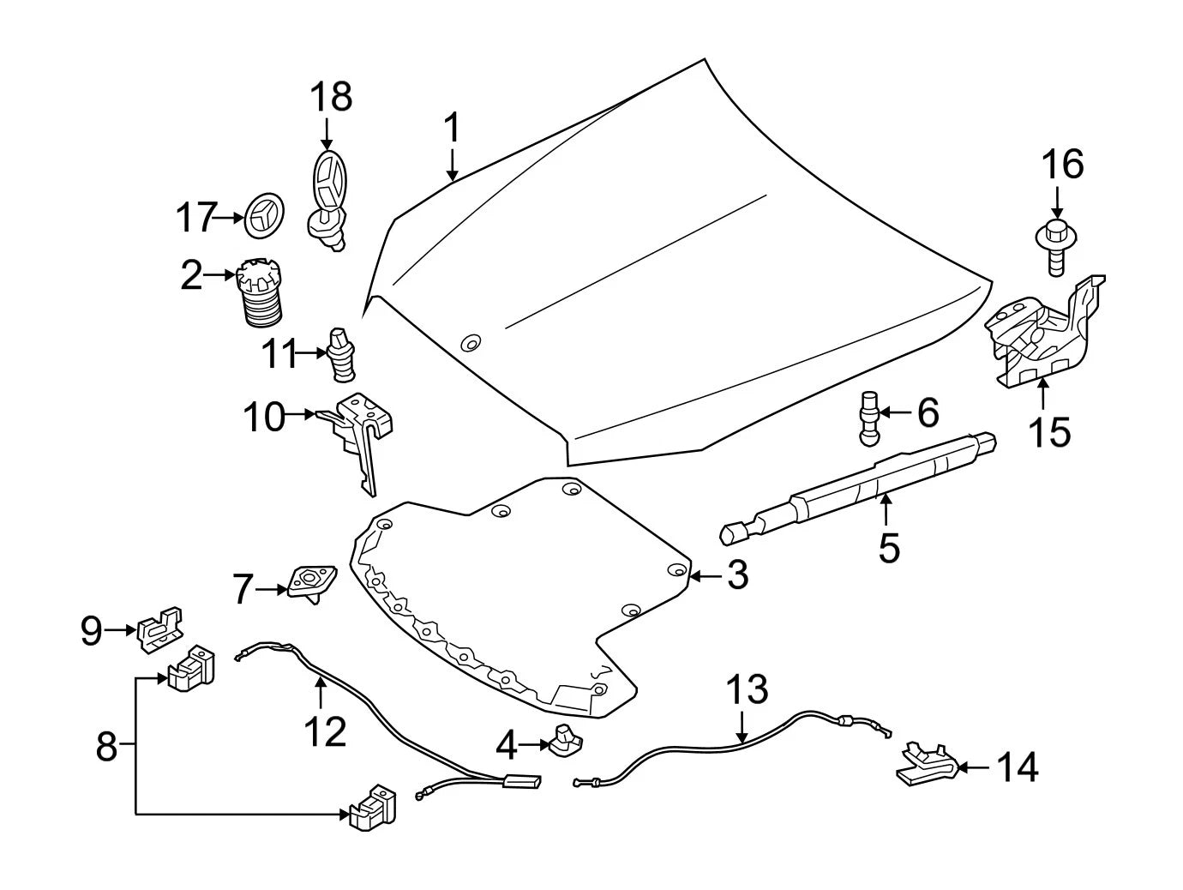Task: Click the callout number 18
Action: (331, 97)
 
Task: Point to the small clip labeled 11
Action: (340, 354)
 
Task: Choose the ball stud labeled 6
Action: (868, 418)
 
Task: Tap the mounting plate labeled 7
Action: (311, 584)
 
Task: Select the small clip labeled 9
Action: (160, 630)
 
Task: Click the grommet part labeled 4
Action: (565, 740)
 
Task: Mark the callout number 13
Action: (747, 689)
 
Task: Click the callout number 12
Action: (326, 731)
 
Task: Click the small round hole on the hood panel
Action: (471, 342)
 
